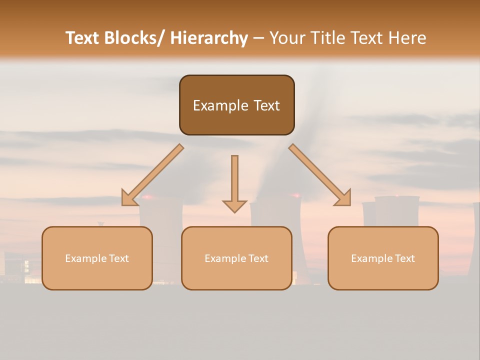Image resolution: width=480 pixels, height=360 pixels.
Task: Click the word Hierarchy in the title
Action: (x=208, y=38)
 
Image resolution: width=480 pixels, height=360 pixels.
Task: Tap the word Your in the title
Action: (x=288, y=38)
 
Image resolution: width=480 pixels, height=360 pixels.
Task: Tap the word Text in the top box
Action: (x=265, y=105)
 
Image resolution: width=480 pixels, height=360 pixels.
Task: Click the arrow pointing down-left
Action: (x=152, y=175)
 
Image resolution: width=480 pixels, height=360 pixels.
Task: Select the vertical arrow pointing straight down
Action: (x=234, y=182)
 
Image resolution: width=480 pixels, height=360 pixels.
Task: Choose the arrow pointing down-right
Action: (x=320, y=175)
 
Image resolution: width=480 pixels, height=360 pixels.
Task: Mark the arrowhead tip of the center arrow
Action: (x=234, y=211)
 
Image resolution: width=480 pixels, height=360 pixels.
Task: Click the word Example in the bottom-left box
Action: (x=86, y=258)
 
